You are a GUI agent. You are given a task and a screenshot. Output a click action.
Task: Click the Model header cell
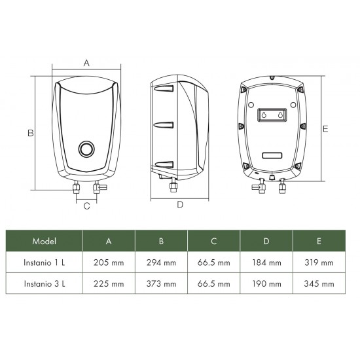(44, 241)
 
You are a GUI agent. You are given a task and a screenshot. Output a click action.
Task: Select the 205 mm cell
(109, 262)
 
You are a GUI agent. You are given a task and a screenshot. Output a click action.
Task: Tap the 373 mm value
(161, 284)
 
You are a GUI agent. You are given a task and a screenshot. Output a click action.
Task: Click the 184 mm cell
(266, 262)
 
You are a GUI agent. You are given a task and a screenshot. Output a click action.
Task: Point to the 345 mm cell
(319, 284)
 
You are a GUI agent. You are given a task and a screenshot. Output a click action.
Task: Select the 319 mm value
(319, 262)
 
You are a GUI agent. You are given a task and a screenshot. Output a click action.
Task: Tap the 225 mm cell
(109, 284)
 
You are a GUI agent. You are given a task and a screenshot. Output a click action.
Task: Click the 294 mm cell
(161, 262)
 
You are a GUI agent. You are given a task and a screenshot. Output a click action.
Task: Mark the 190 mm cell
(266, 284)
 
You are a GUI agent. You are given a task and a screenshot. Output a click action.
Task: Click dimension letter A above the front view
(86, 63)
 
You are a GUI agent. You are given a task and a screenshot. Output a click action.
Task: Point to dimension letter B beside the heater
(30, 133)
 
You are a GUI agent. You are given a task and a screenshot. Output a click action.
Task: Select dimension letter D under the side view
(181, 204)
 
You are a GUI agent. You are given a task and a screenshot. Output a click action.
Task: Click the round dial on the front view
(86, 149)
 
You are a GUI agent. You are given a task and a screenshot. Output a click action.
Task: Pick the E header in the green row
(319, 241)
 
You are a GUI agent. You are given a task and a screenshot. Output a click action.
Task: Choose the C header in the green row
(214, 241)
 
